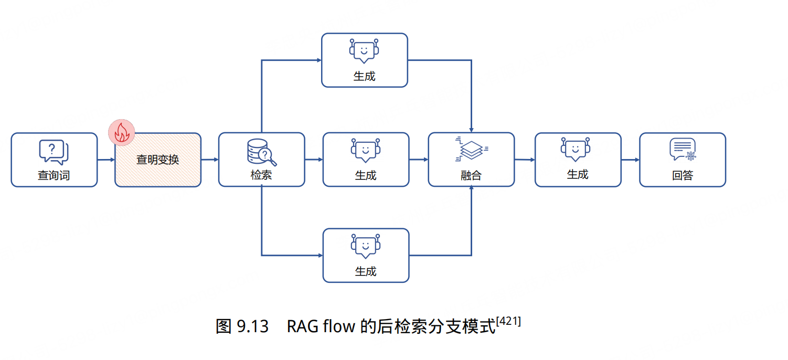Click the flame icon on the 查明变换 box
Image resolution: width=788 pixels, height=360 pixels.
(x=121, y=133)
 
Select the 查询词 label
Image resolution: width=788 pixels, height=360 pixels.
(x=54, y=175)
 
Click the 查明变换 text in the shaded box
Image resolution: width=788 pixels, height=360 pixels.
(x=158, y=160)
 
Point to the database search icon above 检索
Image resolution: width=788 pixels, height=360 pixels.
(x=261, y=152)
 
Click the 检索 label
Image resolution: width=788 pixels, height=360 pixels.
(x=261, y=175)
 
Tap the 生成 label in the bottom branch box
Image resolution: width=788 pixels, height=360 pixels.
(x=366, y=271)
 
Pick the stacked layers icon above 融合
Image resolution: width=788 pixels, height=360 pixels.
(x=471, y=149)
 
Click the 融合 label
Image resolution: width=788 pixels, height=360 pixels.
(x=471, y=175)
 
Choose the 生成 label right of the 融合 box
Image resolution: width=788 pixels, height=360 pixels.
(x=578, y=175)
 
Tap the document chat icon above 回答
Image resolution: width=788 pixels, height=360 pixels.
(x=683, y=150)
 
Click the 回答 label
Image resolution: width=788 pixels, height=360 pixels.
(x=683, y=175)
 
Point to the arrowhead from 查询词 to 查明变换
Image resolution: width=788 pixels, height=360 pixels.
(x=112, y=160)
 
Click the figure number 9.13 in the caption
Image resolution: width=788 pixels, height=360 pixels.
(x=253, y=326)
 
